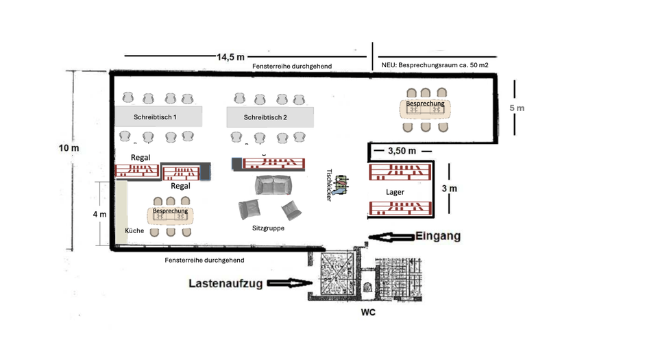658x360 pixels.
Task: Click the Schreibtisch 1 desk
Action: point(158,117)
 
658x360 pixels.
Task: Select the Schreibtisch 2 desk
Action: point(269,117)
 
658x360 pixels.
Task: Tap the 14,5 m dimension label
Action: point(231,57)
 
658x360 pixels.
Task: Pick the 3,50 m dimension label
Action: point(402,150)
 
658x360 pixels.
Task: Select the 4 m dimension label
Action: point(99,214)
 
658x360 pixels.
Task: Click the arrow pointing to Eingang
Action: point(389,237)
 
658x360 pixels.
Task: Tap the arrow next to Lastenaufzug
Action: point(287,283)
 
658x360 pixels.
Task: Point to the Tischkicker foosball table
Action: point(341,184)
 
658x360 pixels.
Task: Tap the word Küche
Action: point(134,230)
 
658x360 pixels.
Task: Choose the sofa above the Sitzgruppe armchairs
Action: point(273,185)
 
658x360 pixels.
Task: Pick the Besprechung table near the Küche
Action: point(170,215)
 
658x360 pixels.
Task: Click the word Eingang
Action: point(437,236)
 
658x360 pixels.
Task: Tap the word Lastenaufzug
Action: point(225,283)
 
